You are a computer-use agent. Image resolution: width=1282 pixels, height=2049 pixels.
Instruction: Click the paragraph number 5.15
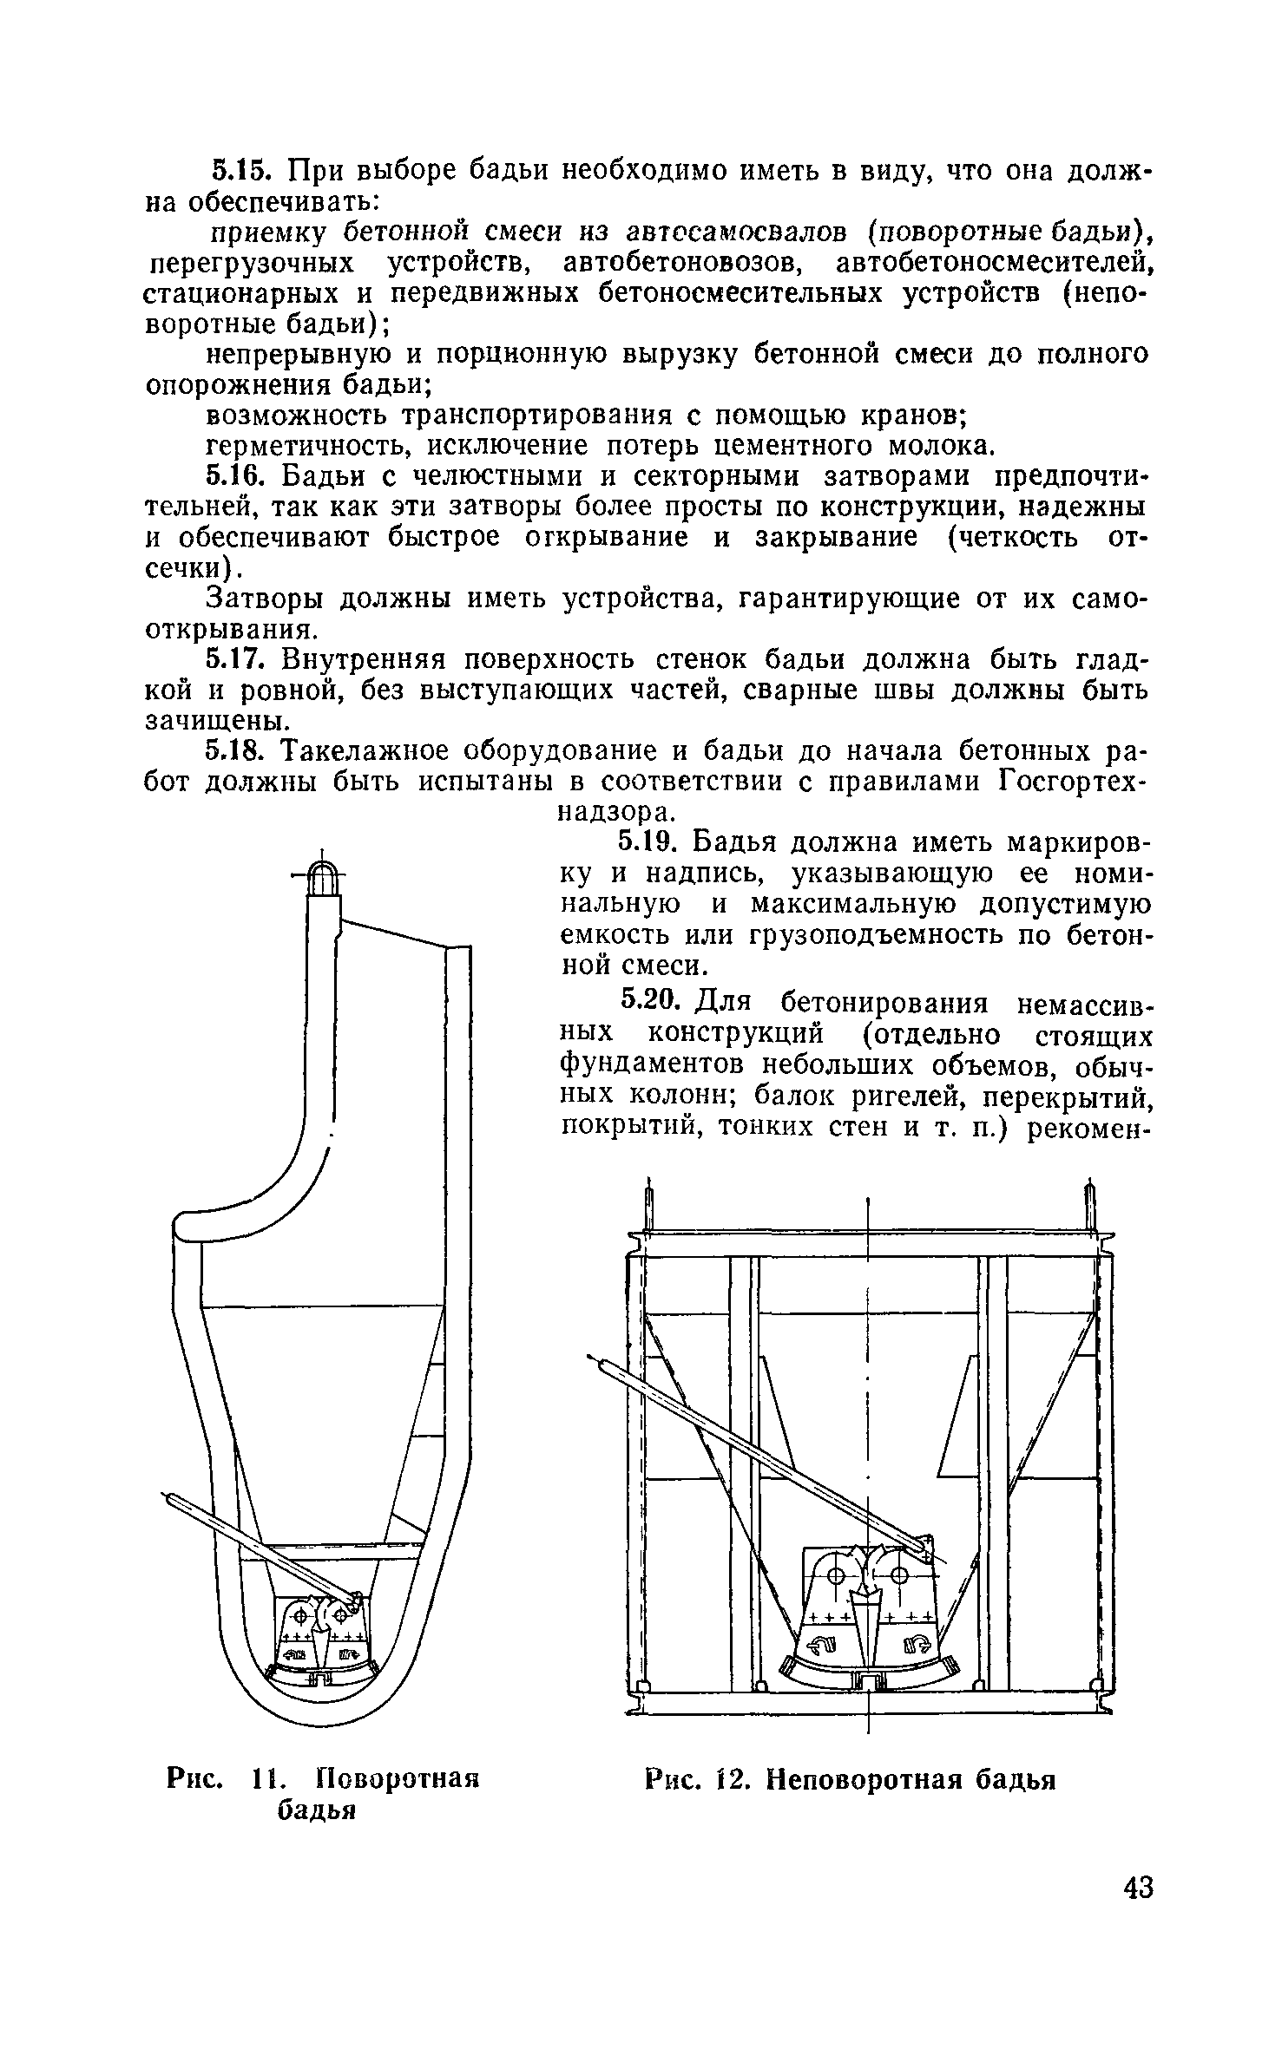click(x=241, y=171)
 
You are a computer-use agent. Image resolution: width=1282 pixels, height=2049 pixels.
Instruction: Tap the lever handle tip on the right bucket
click(x=595, y=1358)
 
